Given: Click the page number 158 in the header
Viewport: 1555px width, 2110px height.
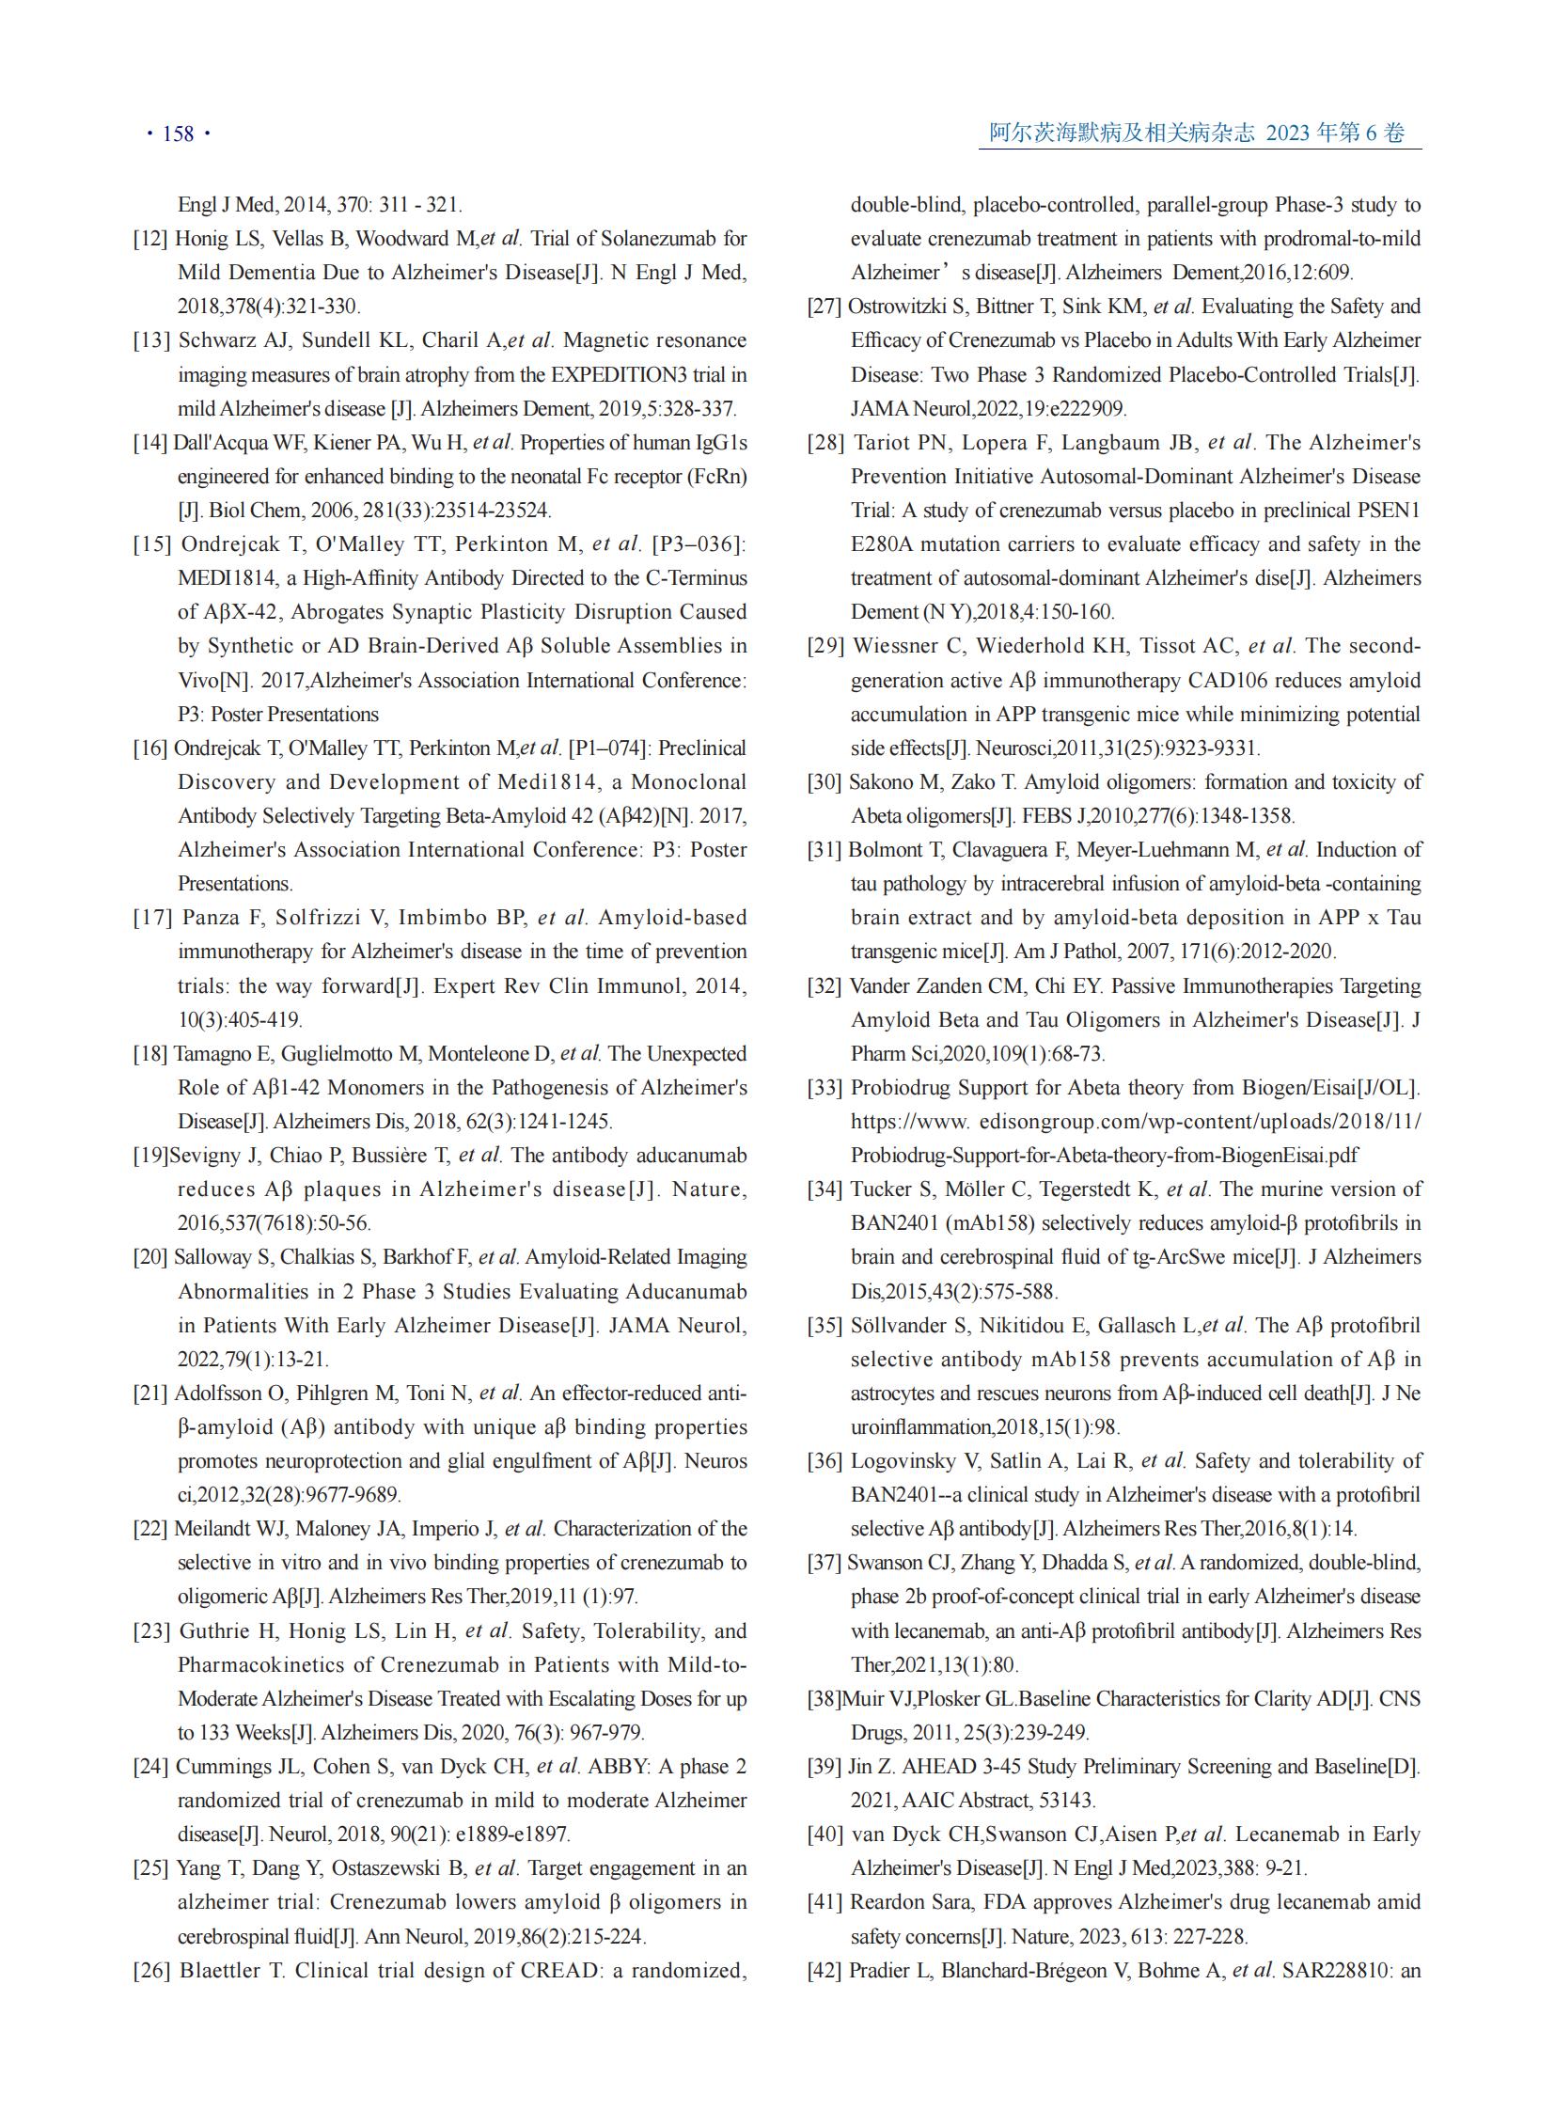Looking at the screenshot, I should pyautogui.click(x=178, y=134).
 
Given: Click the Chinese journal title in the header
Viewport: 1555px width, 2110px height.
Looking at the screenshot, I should pyautogui.click(x=1121, y=133).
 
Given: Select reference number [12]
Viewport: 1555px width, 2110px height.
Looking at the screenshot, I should pyautogui.click(x=149, y=238).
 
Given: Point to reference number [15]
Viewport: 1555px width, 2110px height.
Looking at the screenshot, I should pyautogui.click(x=151, y=544).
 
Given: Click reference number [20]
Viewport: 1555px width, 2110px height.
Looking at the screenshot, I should pyautogui.click(x=149, y=1257).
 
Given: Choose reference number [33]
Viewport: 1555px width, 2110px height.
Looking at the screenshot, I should pyautogui.click(x=825, y=1088).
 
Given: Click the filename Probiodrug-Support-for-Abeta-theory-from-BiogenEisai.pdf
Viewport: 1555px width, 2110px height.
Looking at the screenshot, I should pyautogui.click(x=1104, y=1156).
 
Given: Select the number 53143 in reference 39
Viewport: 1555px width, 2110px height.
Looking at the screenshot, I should pyautogui.click(x=1065, y=1801).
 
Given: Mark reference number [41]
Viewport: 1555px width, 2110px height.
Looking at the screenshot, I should pyautogui.click(x=825, y=1902).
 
